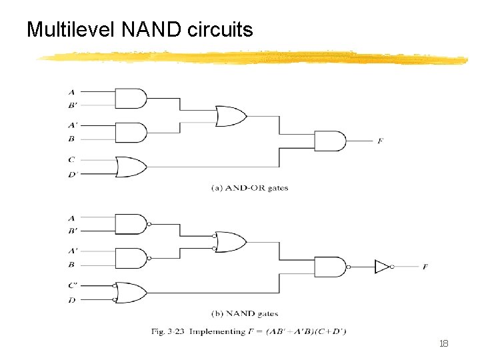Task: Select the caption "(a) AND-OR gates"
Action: coord(249,188)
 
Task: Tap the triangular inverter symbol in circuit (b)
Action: coord(382,267)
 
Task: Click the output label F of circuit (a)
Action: coord(380,141)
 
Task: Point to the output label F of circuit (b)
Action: coord(425,267)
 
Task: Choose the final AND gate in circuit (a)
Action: coord(329,141)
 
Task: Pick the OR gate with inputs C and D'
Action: coord(131,167)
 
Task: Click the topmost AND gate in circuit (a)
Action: coord(131,98)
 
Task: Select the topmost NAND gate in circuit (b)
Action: coord(131,223)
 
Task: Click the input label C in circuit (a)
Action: coord(71,159)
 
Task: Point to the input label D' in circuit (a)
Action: coord(72,175)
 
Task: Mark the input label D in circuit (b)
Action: coord(71,300)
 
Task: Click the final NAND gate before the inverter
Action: coord(329,267)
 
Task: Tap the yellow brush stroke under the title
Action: coord(253,58)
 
